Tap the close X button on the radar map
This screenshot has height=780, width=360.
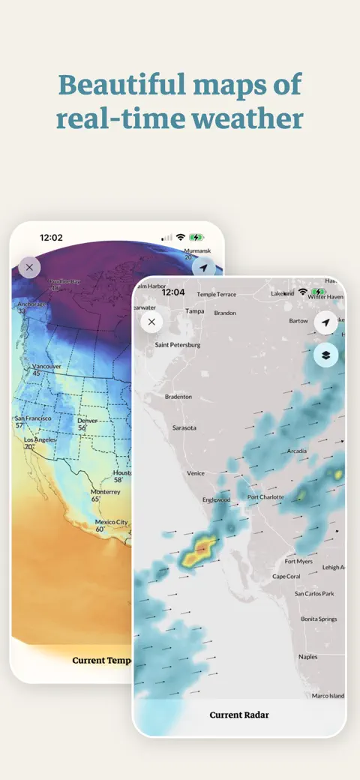[x=151, y=322]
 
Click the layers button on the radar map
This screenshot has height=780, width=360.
[x=325, y=355]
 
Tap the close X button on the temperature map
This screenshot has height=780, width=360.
[x=29, y=267]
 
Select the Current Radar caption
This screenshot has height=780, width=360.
[x=238, y=715]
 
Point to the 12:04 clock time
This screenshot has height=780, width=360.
[x=172, y=292]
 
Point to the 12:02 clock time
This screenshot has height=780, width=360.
[x=51, y=237]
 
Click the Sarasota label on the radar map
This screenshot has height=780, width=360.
[x=184, y=427]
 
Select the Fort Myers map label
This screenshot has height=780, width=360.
[x=298, y=561]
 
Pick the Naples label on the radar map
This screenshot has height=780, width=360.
[x=307, y=656]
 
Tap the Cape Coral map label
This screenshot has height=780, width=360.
[x=286, y=576]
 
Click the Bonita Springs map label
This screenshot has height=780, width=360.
[x=318, y=619]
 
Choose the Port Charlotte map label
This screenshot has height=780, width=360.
[x=265, y=496]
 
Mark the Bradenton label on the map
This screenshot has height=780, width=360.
[x=178, y=396]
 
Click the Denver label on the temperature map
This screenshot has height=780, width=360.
[x=87, y=421]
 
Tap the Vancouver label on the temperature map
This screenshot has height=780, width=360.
[x=46, y=366]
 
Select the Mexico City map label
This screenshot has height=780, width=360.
[x=111, y=522]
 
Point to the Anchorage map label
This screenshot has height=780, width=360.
[x=31, y=304]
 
